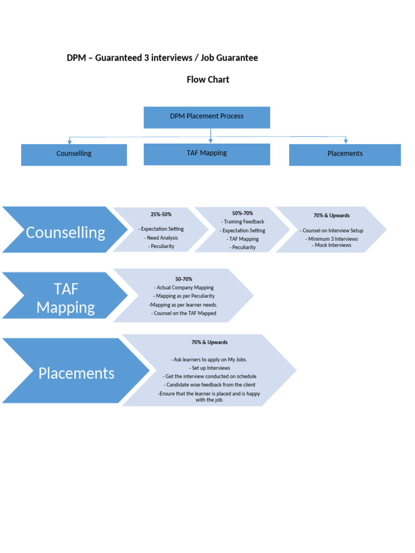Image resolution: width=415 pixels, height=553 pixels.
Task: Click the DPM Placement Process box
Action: [x=206, y=117]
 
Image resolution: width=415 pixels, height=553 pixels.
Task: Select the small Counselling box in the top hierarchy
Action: [x=73, y=154]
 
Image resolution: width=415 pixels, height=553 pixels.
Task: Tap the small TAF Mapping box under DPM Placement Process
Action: [x=206, y=153]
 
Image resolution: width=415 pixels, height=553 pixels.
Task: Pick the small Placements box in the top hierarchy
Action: [x=345, y=154]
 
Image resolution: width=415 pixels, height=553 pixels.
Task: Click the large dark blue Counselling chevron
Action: [x=65, y=232]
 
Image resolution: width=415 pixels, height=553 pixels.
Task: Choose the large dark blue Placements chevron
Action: [x=76, y=373]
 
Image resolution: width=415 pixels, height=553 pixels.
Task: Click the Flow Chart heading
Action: [x=207, y=79]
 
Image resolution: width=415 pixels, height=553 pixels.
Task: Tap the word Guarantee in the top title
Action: [x=237, y=58]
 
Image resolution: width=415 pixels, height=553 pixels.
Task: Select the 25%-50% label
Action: [x=161, y=214]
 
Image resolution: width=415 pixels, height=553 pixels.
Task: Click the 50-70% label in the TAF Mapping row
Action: [x=184, y=279]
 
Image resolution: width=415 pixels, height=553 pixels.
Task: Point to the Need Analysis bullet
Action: [x=161, y=238]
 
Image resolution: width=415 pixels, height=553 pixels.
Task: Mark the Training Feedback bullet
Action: [x=243, y=222]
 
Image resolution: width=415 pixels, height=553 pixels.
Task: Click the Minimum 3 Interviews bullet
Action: [x=332, y=239]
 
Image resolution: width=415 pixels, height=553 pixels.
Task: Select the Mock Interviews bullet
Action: [x=332, y=245]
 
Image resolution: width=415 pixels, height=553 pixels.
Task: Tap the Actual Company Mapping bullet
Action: [x=184, y=288]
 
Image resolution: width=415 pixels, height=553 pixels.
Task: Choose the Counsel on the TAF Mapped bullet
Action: [x=184, y=313]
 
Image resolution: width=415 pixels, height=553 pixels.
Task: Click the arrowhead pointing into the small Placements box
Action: [x=346, y=141]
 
